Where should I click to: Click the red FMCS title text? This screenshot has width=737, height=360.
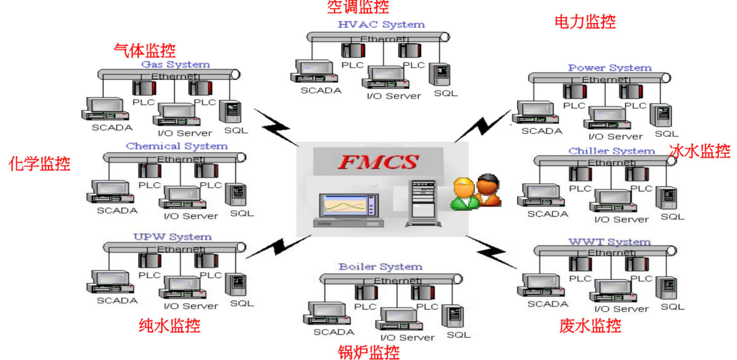pos(378,162)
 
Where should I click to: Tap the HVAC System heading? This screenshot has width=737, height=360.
pos(381,24)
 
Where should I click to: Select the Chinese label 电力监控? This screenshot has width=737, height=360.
pos(585,22)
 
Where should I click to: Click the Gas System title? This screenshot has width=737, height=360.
pos(175,64)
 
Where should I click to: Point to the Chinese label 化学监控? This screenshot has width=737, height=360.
pos(39,164)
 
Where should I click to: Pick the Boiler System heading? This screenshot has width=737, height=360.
pos(380,267)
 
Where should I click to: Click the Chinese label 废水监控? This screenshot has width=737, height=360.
pos(590,326)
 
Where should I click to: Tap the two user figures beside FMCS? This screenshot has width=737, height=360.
pos(477,192)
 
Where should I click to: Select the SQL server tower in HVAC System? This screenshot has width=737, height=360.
pos(440,74)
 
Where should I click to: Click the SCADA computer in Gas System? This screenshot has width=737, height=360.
pos(103,109)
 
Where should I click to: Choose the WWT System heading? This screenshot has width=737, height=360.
pos(609,242)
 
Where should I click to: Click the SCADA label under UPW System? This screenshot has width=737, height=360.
pos(117,300)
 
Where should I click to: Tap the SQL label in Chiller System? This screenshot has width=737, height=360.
pos(672,217)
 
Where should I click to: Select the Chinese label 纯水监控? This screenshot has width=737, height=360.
pos(170,326)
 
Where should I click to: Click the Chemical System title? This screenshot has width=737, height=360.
pos(177,146)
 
